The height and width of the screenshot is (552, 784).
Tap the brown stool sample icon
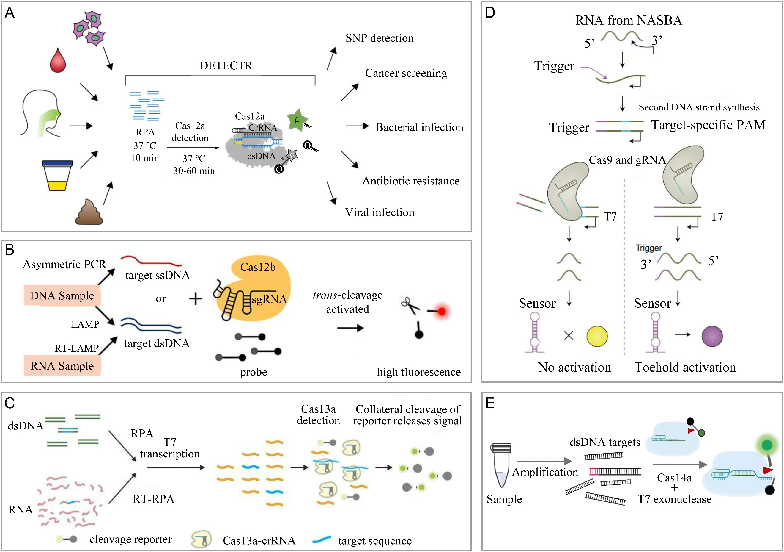89,213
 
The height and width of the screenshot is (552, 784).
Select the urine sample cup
57,176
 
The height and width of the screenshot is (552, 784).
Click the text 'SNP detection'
379,38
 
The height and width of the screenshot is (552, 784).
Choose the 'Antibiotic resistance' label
411,181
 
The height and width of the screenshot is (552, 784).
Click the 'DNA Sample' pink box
62,295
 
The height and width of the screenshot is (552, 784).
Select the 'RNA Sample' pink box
62,366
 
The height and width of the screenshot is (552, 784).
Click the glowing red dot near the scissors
442,311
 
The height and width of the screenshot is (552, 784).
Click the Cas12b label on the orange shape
258,267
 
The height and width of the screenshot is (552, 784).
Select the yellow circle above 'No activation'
597,336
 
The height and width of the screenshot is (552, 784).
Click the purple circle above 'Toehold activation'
712,336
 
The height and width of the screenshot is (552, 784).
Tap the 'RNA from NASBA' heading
629,21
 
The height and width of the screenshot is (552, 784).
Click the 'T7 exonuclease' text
674,499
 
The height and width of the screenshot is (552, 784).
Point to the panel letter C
10,403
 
